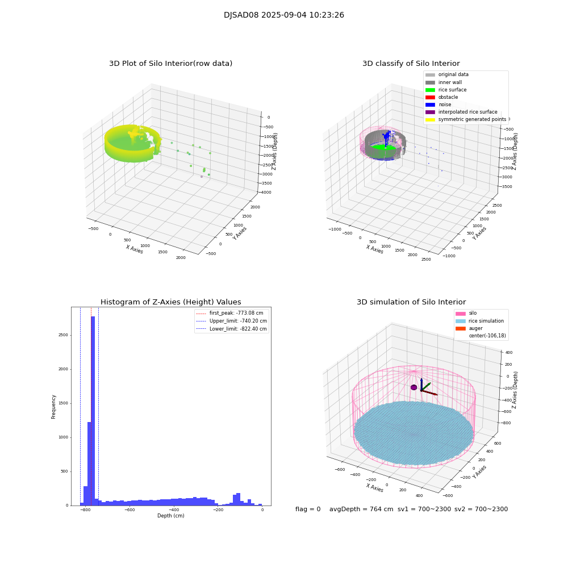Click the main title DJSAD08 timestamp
[283, 15]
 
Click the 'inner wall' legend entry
[449, 82]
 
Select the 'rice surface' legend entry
[452, 90]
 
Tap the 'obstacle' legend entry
[448, 97]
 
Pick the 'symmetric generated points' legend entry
[471, 119]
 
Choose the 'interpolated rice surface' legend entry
[467, 112]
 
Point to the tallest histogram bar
[93, 409]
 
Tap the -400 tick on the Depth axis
[218, 511]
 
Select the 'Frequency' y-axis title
[54, 406]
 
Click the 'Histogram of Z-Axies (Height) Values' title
[170, 302]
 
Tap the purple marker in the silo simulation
[414, 387]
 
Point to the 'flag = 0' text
[307, 509]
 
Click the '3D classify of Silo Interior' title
[411, 64]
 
